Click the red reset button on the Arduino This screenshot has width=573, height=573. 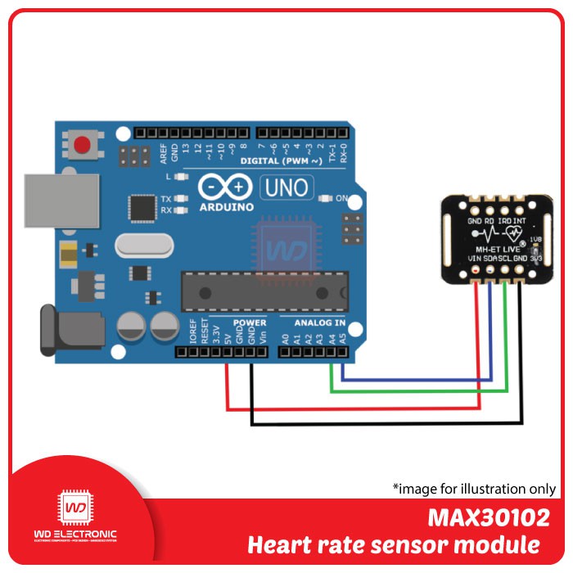pos(82,146)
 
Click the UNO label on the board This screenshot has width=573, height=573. pos(286,188)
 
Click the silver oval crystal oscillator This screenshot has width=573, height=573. pos(144,245)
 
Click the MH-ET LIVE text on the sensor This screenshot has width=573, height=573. pos(499,247)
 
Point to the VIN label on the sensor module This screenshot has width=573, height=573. pos(474,258)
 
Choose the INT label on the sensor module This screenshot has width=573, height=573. pos(521,220)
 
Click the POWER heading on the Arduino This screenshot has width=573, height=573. pos(250,323)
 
